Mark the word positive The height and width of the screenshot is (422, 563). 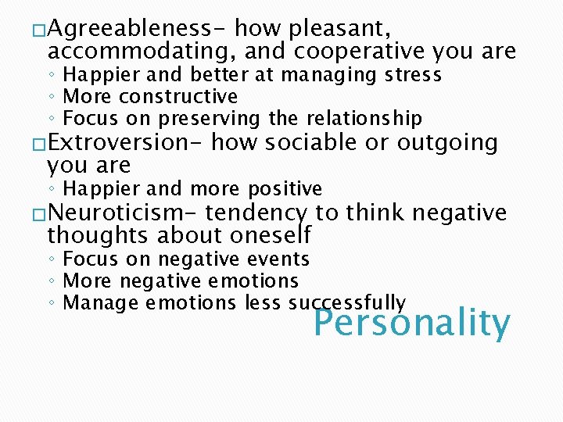click(x=283, y=189)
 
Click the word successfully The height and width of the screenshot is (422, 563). click(x=347, y=303)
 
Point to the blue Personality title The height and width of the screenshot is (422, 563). click(x=412, y=323)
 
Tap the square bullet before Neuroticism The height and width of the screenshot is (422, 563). click(x=39, y=214)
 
